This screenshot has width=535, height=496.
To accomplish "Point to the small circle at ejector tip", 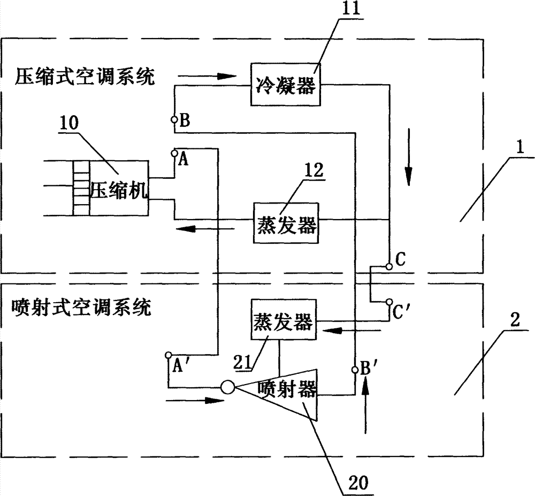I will click(x=227, y=385).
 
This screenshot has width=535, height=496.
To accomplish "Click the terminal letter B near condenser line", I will click(x=184, y=122).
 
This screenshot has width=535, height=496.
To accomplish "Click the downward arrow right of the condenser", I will click(x=409, y=172).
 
